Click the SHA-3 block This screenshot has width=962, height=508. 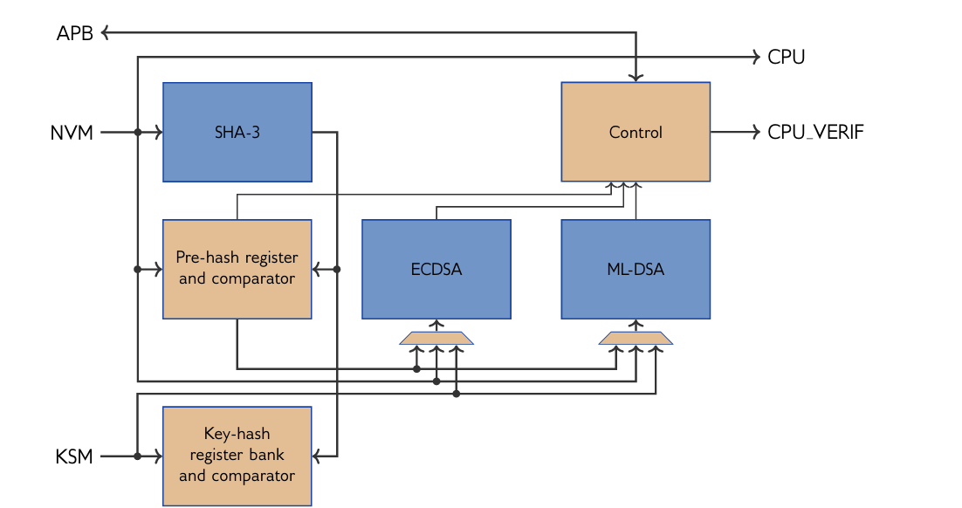coord(237,133)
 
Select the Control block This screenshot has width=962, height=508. coord(636,133)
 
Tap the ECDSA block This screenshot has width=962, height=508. coord(436,269)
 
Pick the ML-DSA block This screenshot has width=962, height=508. coord(636,269)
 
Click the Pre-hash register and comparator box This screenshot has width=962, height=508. coord(237,269)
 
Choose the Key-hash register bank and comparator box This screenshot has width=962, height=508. coord(237,456)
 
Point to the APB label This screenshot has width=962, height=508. coord(75,34)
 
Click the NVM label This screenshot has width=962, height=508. coord(72,134)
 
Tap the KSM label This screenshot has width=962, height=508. coord(74,457)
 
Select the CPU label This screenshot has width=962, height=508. coord(786,58)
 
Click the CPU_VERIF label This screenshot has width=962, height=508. coord(816,134)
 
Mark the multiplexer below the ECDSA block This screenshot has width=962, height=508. coord(436,337)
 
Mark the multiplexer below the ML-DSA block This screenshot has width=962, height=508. coord(636,337)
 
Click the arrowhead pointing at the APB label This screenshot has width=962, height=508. coord(106,33)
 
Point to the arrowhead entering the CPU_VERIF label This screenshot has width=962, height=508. coord(756,133)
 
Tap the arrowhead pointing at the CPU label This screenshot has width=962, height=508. coord(756,58)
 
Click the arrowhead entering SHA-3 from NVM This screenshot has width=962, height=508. coord(158,133)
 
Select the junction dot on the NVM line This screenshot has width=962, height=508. coord(138,133)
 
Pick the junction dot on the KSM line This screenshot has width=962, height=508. coord(138,456)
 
